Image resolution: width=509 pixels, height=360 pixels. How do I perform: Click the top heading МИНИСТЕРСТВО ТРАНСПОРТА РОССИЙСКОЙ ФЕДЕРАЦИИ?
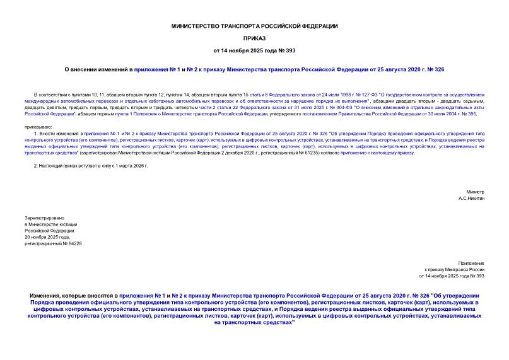(x=254, y=26)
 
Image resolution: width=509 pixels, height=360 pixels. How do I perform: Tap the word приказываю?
(x=39, y=126)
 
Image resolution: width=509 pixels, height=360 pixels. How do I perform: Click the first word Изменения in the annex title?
(x=48, y=295)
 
